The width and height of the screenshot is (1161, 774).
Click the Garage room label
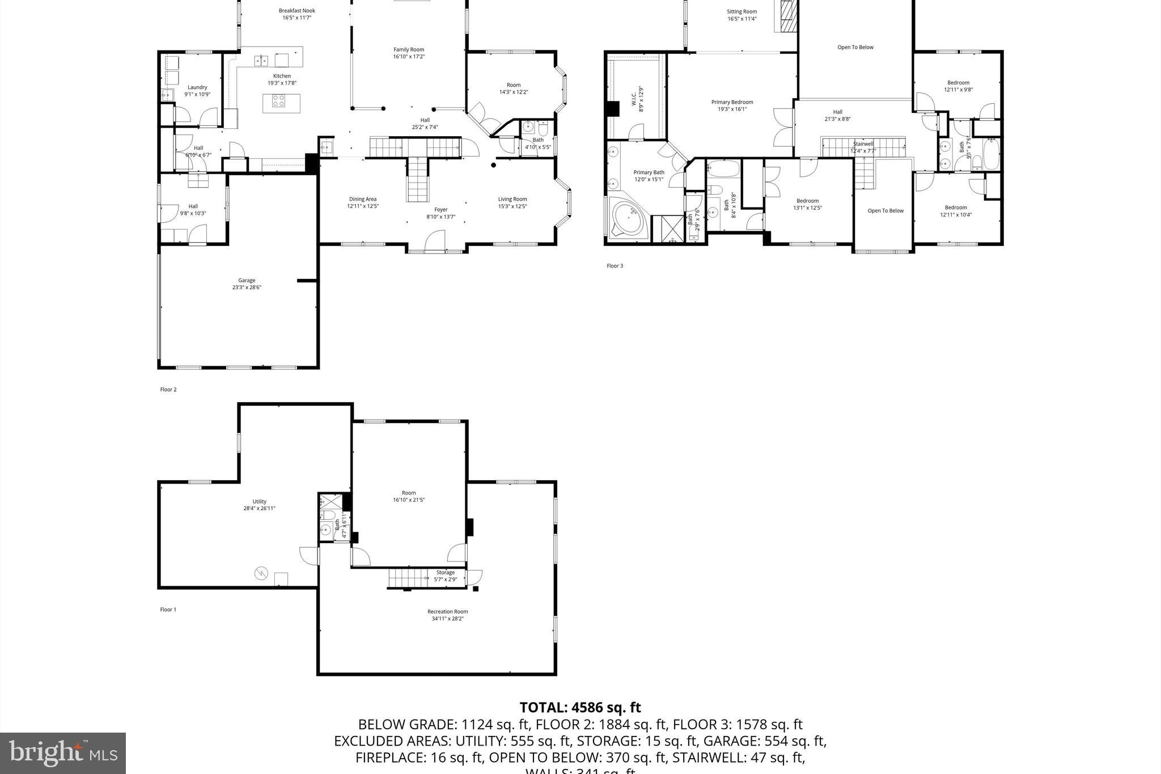coord(247,284)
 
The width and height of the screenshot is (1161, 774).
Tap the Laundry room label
coord(197,91)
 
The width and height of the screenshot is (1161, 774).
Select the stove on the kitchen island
coord(278,101)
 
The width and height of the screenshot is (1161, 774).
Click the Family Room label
coord(409,53)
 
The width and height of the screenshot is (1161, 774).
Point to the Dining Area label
coord(363,202)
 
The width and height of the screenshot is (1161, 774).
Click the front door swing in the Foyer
coord(435,240)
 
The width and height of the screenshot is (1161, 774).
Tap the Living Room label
coord(512,202)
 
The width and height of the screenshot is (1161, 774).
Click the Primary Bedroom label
coord(732,105)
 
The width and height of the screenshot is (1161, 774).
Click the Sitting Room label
coord(742,15)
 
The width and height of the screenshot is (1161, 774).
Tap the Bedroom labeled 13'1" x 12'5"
coord(807,204)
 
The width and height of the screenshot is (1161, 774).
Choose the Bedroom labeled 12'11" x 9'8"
coord(958,86)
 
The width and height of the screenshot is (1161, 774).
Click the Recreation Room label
coord(447,615)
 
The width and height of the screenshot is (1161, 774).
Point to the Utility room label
coord(259,505)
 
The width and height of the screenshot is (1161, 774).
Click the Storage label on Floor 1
coord(445,576)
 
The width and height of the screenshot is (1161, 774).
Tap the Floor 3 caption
coord(615,266)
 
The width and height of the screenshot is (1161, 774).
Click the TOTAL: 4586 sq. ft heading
coord(580,707)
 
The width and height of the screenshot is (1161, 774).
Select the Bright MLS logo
coord(63,753)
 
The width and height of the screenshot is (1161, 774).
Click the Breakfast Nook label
coord(296,14)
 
